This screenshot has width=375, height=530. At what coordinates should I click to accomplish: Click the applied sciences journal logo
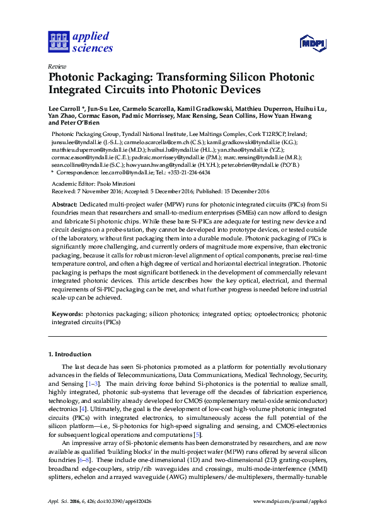[81, 42]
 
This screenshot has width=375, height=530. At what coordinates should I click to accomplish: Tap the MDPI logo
[312, 43]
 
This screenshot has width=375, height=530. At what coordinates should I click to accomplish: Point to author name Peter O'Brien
[84, 123]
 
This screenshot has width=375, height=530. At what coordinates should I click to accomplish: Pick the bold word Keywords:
[66, 313]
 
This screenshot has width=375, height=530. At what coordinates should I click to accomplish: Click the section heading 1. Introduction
[70, 355]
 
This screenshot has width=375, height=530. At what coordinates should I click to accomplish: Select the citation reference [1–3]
[92, 383]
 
